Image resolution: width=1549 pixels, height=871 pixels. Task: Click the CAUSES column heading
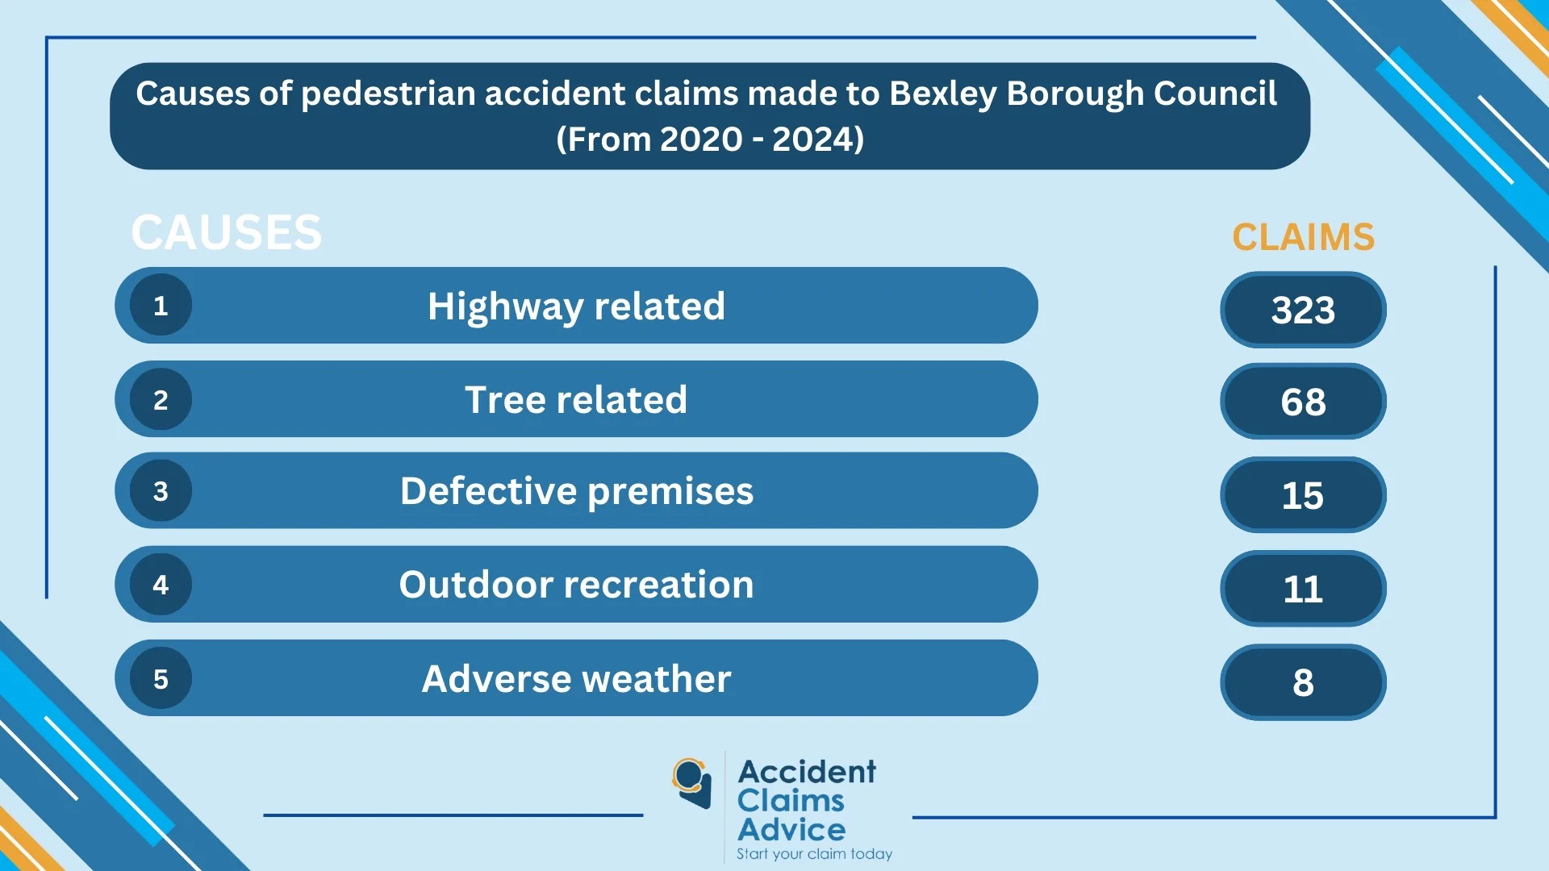(x=226, y=232)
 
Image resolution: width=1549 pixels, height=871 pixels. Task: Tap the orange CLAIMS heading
(x=1303, y=237)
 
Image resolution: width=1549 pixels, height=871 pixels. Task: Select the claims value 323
(x=1303, y=310)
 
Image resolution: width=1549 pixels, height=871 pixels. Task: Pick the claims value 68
(x=1303, y=402)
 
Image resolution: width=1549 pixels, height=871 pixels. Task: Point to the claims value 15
(x=1303, y=495)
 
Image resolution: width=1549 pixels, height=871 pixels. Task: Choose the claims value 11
(x=1303, y=589)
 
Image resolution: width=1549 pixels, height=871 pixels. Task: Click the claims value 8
(x=1303, y=682)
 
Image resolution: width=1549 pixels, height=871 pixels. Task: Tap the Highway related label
(x=576, y=306)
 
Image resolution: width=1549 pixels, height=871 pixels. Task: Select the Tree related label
(x=576, y=400)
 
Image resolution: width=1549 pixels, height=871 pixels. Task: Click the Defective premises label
(x=576, y=491)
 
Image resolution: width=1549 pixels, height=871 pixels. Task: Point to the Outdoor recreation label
(x=576, y=585)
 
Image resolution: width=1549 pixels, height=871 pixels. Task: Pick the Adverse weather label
(x=576, y=679)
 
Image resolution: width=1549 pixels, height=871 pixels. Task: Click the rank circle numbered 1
(x=161, y=306)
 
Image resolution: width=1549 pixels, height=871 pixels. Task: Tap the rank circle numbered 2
(x=161, y=399)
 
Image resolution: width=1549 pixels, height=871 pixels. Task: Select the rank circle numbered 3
(x=161, y=490)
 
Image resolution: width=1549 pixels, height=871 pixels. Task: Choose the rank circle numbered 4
(x=161, y=584)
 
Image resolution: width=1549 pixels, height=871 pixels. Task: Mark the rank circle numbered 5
(x=161, y=678)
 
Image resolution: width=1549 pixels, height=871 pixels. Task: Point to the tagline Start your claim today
(x=814, y=854)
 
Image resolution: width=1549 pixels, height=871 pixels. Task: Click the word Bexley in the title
(x=943, y=94)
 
